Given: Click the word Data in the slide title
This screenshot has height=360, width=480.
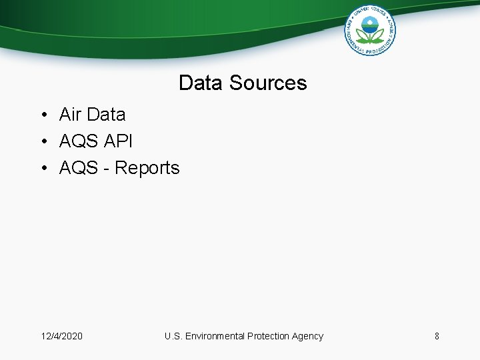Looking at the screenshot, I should pos(201,83).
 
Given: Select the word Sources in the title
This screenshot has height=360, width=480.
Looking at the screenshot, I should pos(268,83).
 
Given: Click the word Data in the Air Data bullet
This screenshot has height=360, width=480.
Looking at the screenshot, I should pos(105,115).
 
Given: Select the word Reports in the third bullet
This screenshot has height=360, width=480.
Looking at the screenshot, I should pos(147,168).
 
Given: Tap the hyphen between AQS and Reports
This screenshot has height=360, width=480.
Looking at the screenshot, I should pos(106,169).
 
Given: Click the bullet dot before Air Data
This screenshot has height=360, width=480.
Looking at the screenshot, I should pos(42,115).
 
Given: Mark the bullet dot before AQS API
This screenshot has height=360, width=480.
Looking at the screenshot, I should pos(42,142).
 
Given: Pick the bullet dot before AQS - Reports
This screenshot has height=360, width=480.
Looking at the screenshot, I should pos(42,169).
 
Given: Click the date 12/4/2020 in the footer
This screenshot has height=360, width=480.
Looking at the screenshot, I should pos(62,336).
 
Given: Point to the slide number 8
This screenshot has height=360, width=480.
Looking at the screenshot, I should pos(437,336).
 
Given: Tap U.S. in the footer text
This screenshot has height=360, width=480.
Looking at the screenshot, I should pos(173,336).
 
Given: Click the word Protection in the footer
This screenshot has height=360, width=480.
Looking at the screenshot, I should pos(268,336).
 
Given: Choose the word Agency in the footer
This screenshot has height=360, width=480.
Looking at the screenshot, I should pos(307,336).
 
